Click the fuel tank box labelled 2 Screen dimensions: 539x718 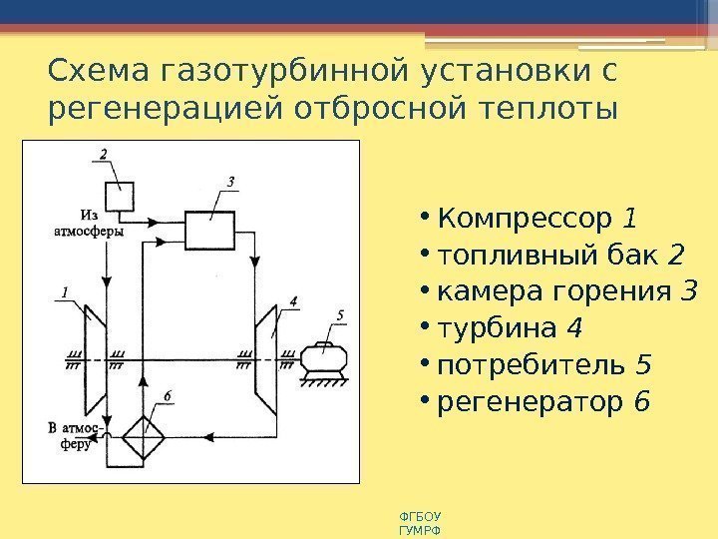click(121, 196)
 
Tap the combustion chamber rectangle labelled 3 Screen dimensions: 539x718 click(208, 232)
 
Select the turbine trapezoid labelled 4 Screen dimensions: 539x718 click(266, 356)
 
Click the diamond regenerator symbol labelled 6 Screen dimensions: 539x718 click(144, 435)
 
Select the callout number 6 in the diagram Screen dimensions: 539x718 click(168, 396)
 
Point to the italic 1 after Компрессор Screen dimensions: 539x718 click(629, 217)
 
